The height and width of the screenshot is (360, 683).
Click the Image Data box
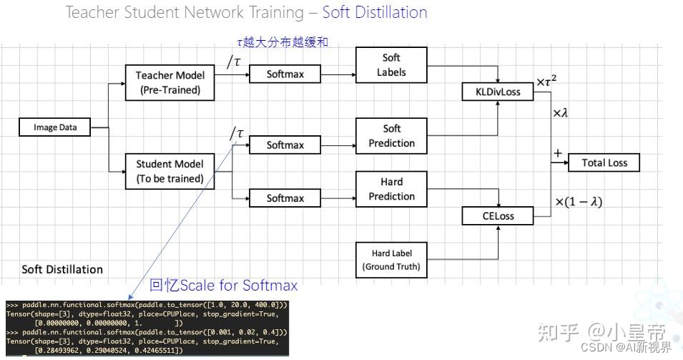pyautogui.click(x=55, y=128)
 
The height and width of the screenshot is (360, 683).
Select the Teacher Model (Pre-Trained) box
pyautogui.click(x=169, y=82)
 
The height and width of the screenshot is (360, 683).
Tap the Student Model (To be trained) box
pyautogui.click(x=169, y=171)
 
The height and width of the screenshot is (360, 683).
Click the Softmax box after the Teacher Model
pyautogui.click(x=285, y=74)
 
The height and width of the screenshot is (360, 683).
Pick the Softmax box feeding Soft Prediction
pyautogui.click(x=285, y=145)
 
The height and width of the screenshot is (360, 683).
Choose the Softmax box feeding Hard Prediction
pyautogui.click(x=285, y=198)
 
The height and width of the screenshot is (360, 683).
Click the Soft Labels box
pyautogui.click(x=391, y=64)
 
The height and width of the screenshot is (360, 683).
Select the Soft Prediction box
pyautogui.click(x=391, y=136)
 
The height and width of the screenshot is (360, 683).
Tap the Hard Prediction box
pyautogui.click(x=391, y=189)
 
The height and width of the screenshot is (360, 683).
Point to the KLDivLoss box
pyautogui.click(x=498, y=92)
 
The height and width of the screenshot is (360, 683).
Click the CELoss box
pyautogui.click(x=498, y=215)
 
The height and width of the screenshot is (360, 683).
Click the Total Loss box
pyautogui.click(x=604, y=162)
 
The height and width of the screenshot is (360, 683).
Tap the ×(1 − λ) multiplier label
pyautogui.click(x=579, y=202)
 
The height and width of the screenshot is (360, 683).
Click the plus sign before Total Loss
pyautogui.click(x=557, y=152)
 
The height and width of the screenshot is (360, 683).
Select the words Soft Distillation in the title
pyautogui.click(x=374, y=12)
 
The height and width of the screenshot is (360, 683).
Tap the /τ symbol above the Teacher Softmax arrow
pyautogui.click(x=235, y=62)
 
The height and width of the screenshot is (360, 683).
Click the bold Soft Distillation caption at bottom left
pyautogui.click(x=62, y=269)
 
